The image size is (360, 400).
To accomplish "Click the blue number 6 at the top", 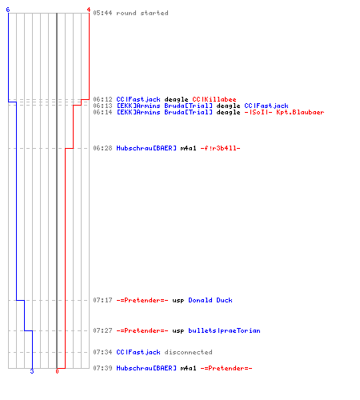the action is click(8, 10).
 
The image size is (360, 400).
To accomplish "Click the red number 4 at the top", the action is click(89, 10).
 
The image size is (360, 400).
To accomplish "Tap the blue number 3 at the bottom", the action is click(32, 371).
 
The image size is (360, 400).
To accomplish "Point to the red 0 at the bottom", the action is click(57, 371).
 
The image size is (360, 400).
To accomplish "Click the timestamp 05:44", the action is click(102, 13).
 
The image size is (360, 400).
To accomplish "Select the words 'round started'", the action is click(142, 13).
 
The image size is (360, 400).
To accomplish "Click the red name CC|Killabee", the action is click(214, 99).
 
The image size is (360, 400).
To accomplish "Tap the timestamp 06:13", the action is click(102, 106).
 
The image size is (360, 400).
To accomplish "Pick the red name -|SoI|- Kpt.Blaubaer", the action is click(284, 112).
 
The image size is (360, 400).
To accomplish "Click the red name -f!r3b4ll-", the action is click(220, 148).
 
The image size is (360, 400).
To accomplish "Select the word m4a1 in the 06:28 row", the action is click(188, 148).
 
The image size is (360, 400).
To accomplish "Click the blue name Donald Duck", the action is click(210, 300).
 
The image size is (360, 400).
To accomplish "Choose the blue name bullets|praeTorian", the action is click(224, 330).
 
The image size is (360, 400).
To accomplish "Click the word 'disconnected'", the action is click(188, 352).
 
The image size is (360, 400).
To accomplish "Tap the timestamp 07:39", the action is click(102, 368).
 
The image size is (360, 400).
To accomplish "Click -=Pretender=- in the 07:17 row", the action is click(142, 300).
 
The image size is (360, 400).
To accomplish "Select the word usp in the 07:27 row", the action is click(178, 331).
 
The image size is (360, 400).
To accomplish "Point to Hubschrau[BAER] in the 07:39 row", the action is click(146, 368).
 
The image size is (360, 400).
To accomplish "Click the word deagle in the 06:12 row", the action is click(176, 100).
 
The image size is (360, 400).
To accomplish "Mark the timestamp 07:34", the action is click(102, 352).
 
